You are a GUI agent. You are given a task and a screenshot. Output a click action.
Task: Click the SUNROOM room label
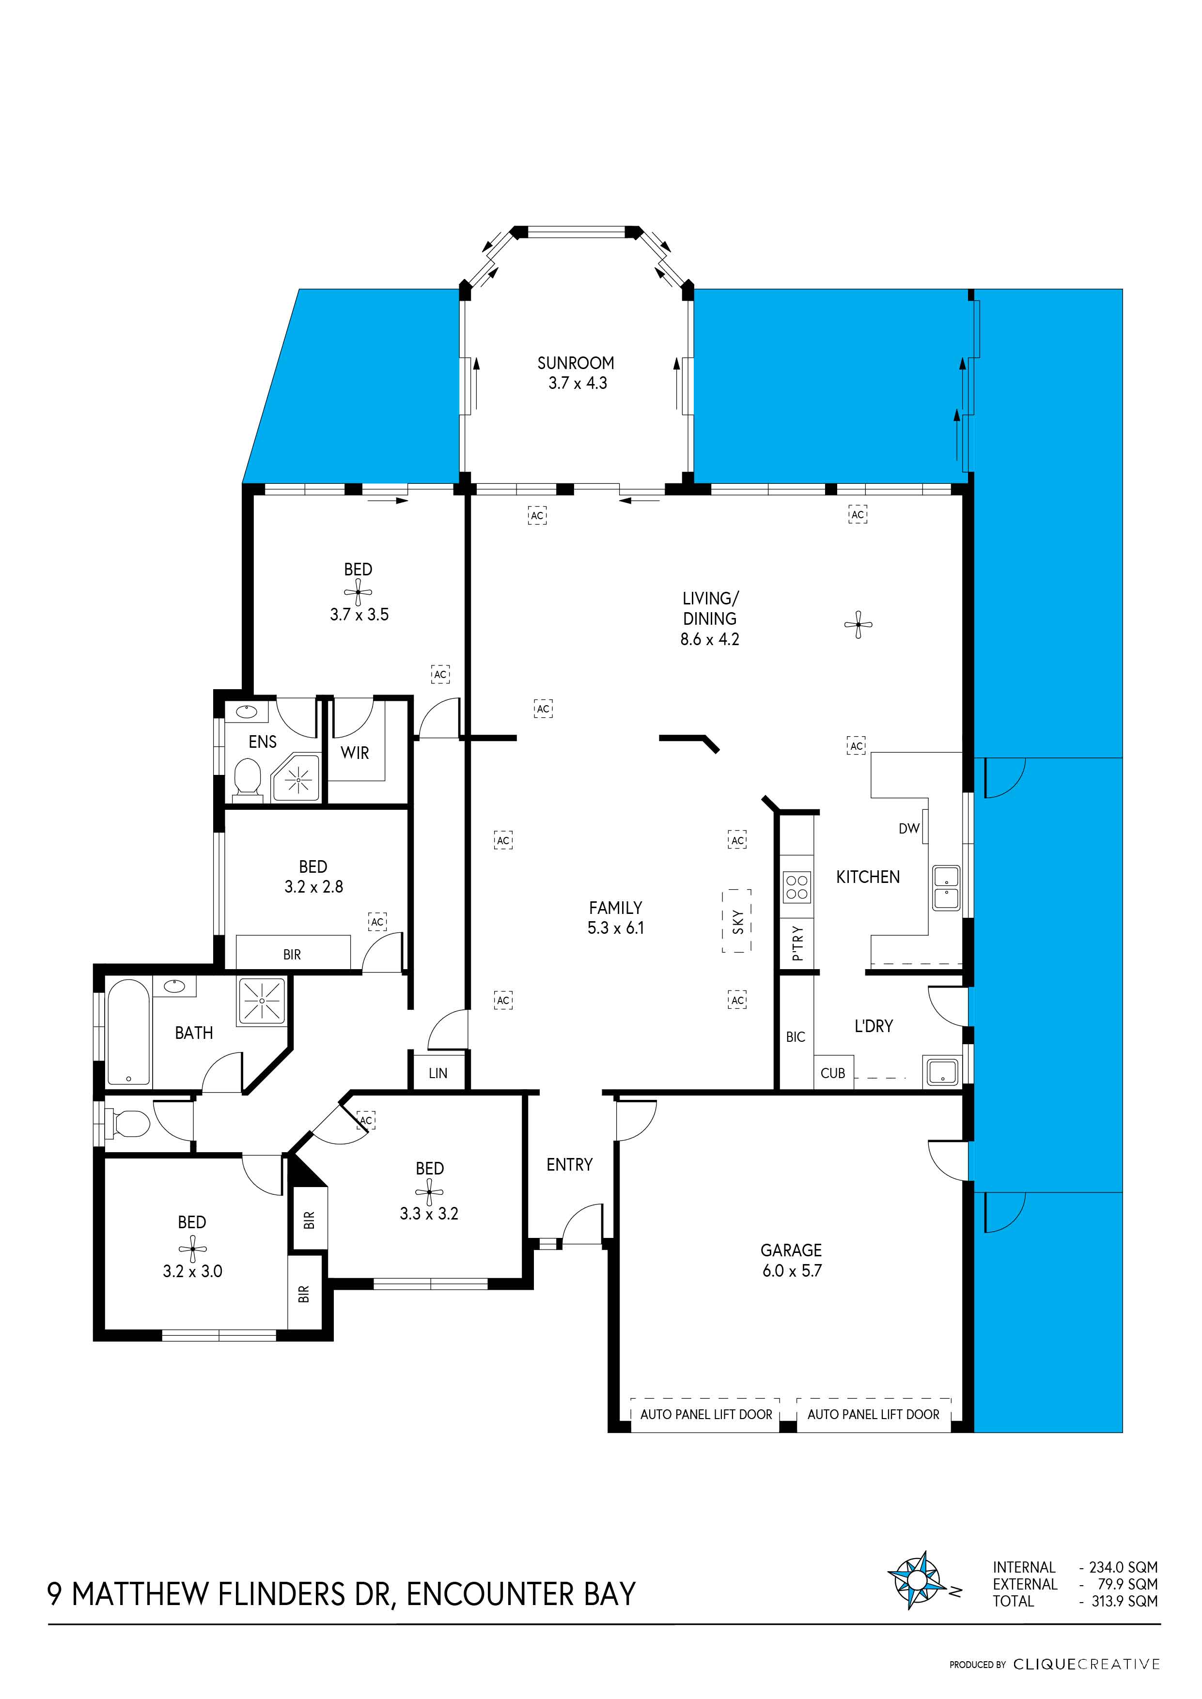pyautogui.click(x=576, y=363)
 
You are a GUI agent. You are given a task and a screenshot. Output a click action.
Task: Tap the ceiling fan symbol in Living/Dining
pyautogui.click(x=858, y=625)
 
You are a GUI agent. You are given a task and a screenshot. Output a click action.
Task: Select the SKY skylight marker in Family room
pyautogui.click(x=737, y=921)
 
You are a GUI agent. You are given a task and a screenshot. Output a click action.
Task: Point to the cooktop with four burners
pyautogui.click(x=796, y=887)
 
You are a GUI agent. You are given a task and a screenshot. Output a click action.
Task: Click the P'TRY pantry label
pyautogui.click(x=797, y=943)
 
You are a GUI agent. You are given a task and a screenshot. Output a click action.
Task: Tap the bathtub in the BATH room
pyautogui.click(x=129, y=1032)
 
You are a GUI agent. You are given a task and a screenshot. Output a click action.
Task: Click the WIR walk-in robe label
pyautogui.click(x=355, y=753)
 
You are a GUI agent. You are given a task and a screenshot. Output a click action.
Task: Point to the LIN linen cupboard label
pyautogui.click(x=437, y=1073)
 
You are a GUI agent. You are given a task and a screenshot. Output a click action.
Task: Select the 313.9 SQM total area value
pyautogui.click(x=1124, y=1601)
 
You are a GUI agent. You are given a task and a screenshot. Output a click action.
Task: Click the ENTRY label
pyautogui.click(x=569, y=1165)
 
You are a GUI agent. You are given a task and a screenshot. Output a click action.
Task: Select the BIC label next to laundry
pyautogui.click(x=795, y=1037)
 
